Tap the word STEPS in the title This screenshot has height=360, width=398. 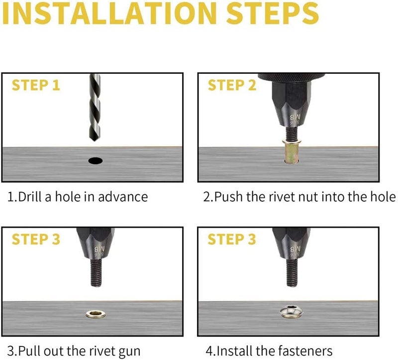272,13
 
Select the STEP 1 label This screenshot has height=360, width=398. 36,85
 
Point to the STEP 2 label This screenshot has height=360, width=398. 232,85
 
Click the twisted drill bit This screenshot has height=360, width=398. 95,107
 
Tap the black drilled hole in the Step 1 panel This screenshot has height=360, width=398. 96,160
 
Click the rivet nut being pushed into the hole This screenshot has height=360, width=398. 292,151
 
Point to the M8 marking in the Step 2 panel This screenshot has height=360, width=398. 295,117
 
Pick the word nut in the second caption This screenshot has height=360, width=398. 310,197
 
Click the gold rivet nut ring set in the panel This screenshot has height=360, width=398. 96,314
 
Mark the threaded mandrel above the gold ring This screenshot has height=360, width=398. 97,273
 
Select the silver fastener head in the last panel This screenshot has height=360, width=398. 292,312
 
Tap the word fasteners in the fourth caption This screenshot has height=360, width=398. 305,351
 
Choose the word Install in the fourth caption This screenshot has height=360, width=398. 235,351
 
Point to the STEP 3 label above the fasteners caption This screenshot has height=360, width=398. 231,240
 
